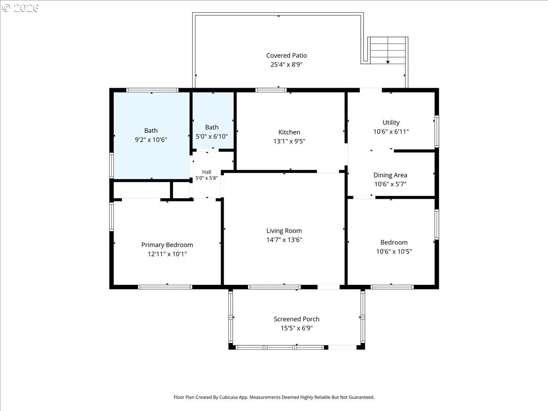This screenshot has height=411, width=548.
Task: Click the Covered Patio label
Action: point(286,55)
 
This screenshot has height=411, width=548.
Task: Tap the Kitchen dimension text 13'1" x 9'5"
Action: point(289,141)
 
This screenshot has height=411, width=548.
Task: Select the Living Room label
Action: point(284,231)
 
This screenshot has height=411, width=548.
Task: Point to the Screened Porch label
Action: point(296,319)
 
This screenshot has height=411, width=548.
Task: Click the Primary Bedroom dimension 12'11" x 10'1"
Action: point(167,254)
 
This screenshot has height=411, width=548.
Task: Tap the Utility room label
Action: point(391,122)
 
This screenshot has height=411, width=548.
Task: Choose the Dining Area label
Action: point(390,175)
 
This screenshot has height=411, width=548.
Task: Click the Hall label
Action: point(207,172)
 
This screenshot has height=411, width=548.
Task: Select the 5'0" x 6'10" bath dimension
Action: point(212,137)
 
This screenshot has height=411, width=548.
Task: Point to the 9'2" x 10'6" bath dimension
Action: point(151,140)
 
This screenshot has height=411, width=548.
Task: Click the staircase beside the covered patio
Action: point(387,50)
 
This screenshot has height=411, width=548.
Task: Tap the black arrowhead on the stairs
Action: point(388,62)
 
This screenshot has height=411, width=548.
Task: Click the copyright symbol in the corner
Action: point(6,8)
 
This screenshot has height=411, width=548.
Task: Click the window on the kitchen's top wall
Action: point(271,90)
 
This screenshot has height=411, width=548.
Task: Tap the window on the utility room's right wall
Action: point(437,132)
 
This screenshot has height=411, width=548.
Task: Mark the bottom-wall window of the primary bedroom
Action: point(165,287)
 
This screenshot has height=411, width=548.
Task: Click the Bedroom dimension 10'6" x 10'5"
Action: point(394,252)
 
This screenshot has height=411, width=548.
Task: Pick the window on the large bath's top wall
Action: point(152,90)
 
